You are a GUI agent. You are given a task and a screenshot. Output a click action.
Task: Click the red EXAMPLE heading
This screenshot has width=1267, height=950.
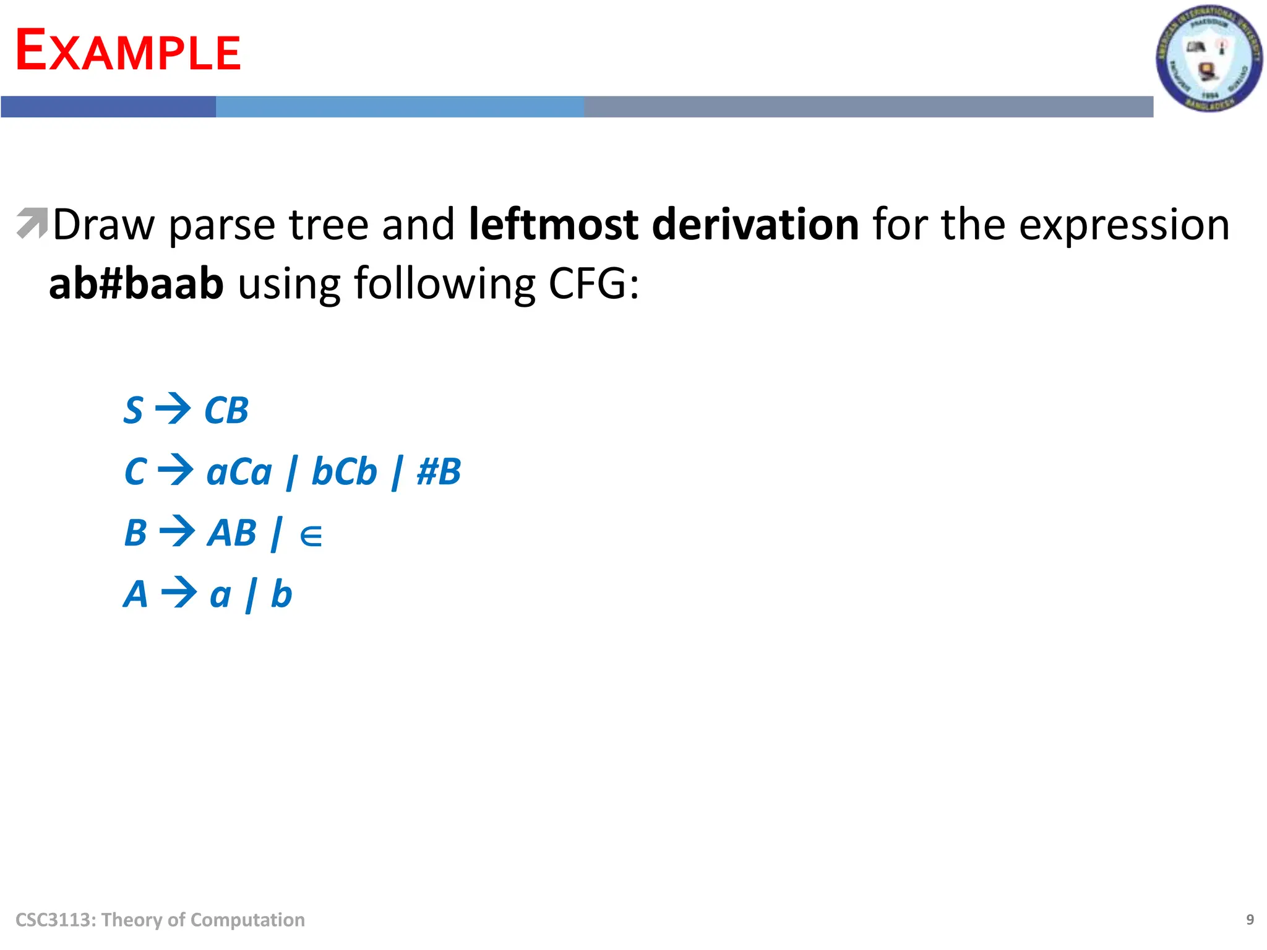click(128, 51)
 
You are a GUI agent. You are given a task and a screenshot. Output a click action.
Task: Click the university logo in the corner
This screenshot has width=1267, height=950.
click(1208, 59)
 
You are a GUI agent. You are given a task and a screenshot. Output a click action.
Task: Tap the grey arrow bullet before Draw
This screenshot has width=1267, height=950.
click(32, 223)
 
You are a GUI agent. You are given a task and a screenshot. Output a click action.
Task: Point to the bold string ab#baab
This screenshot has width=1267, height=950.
click(136, 284)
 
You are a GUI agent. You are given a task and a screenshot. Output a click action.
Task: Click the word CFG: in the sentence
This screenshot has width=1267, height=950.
click(594, 284)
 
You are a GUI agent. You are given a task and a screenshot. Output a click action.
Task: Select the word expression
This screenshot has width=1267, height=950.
click(1123, 225)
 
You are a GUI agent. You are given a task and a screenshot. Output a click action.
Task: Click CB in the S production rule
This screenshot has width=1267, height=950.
click(226, 411)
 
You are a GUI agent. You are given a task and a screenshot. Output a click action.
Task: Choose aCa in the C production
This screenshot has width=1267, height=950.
click(239, 472)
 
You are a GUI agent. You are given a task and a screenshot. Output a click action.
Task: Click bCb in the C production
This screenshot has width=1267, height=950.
click(344, 472)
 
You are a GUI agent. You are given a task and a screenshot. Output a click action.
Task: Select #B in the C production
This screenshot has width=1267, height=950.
click(439, 472)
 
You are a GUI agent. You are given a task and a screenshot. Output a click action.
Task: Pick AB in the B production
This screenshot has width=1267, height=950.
click(231, 533)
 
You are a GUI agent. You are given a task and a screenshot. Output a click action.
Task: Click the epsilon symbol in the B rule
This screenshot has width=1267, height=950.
click(311, 536)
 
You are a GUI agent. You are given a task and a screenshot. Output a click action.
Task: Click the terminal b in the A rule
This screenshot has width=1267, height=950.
click(281, 594)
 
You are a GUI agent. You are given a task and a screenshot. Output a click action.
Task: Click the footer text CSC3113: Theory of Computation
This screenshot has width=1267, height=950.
click(160, 920)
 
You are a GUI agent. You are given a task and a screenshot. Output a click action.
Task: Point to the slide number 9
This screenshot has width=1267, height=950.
click(1250, 920)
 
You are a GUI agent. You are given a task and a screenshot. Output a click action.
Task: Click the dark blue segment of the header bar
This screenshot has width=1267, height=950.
click(108, 106)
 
